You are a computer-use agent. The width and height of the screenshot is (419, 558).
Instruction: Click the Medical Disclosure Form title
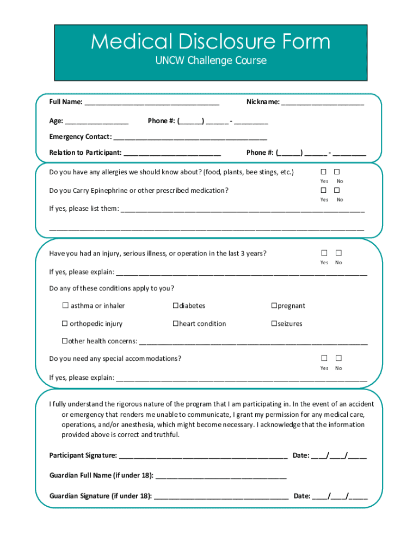click(210, 41)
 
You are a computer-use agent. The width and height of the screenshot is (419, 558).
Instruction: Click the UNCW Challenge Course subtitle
click(210, 60)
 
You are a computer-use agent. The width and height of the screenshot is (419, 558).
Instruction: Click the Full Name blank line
click(152, 102)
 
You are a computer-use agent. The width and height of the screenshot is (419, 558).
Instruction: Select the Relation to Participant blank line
click(172, 153)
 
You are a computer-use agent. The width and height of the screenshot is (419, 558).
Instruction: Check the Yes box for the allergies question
click(323, 172)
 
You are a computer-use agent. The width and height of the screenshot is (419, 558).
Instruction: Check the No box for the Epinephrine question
click(337, 190)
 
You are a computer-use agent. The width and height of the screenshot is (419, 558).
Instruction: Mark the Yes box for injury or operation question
click(324, 253)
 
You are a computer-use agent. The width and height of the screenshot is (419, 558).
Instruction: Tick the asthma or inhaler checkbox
click(65, 306)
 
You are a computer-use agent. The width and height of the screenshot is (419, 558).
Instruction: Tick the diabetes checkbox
click(176, 306)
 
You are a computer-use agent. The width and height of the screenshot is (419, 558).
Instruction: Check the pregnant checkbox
click(274, 306)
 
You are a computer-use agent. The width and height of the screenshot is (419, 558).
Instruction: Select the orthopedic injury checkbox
click(65, 324)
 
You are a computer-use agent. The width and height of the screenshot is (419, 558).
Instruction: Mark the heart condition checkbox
click(176, 324)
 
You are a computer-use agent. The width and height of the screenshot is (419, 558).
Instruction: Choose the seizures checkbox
click(274, 324)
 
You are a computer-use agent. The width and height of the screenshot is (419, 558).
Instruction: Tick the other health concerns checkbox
click(65, 341)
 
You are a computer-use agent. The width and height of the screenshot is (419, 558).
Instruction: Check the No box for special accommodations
click(338, 358)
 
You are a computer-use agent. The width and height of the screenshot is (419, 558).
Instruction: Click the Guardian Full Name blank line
click(221, 476)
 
